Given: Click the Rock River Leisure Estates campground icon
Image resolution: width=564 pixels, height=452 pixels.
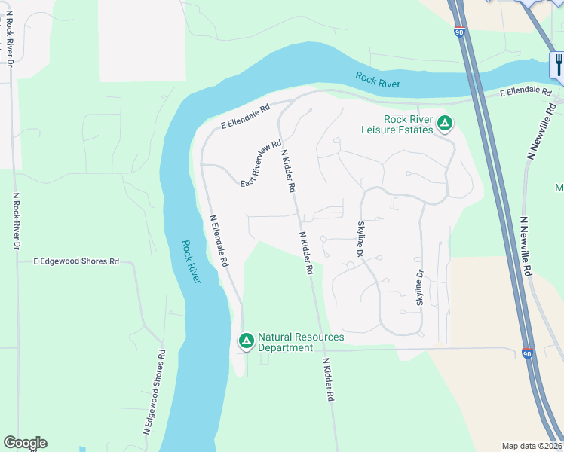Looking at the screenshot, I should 446,122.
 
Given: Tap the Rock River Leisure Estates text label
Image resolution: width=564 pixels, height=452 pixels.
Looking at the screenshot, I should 408,124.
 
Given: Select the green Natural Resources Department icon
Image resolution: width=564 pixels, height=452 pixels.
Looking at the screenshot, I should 246,341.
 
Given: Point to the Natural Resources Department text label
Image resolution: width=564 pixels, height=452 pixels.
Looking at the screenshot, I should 301,342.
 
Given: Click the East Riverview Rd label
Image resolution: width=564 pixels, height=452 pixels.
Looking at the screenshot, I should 261,164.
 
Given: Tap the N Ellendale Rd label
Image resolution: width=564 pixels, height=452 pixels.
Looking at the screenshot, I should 219,243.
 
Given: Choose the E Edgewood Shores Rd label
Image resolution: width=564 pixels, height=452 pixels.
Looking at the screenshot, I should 77,261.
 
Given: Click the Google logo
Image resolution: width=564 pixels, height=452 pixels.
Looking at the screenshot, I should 25,443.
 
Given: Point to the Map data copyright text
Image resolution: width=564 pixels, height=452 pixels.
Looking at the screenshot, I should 532,445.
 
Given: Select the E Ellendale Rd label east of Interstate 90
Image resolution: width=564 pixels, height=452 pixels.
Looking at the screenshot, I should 526,91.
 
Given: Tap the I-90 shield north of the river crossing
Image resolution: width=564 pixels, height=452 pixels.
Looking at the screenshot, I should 460,32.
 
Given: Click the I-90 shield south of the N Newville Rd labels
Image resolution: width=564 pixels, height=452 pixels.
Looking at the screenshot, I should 526,353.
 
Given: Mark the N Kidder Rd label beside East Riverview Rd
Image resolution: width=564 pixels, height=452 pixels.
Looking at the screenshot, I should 287,172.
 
